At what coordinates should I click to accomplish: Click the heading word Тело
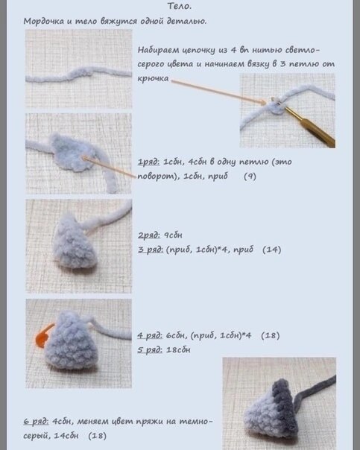coord(180,6)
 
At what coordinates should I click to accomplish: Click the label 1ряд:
coord(149,162)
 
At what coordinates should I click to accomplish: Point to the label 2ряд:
coord(149,235)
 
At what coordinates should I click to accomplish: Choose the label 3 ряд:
coord(151,250)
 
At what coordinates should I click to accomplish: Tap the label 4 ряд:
coord(150,335)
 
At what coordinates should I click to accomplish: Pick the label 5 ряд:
coord(150,350)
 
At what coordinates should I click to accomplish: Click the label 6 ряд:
coord(37,422)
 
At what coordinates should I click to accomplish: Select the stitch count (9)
coord(250,177)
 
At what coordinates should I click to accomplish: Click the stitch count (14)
coord(271,250)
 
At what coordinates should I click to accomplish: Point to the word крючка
coord(153,78)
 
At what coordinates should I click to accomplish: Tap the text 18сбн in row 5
coord(178,350)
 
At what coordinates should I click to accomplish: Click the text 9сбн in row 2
coord(173,235)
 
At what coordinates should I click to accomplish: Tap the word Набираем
coord(157,50)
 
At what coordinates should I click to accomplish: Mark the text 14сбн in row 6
coord(66,436)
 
